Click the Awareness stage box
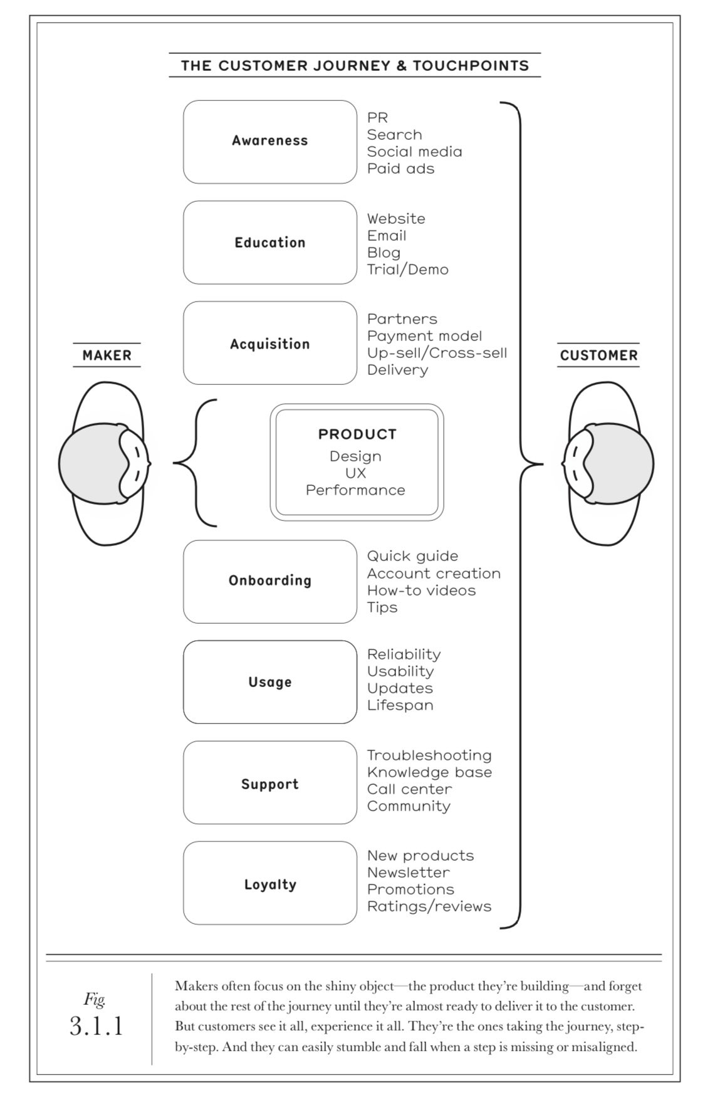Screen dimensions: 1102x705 click(x=269, y=142)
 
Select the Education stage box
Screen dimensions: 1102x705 click(x=269, y=243)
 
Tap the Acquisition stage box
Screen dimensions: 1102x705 click(x=269, y=344)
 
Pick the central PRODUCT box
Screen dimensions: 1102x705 click(x=356, y=463)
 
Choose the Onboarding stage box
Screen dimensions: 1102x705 click(x=269, y=581)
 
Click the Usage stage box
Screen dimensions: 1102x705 click(x=269, y=682)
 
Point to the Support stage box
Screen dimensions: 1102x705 click(x=269, y=783)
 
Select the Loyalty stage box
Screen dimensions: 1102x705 click(x=269, y=883)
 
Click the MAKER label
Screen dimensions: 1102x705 click(x=107, y=355)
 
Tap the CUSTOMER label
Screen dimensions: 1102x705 click(x=598, y=355)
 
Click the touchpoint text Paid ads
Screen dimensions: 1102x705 click(x=400, y=169)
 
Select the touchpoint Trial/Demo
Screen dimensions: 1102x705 click(x=407, y=270)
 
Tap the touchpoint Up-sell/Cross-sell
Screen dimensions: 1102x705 click(x=437, y=353)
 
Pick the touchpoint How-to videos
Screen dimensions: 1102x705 click(x=421, y=590)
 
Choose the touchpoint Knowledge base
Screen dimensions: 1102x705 click(x=429, y=772)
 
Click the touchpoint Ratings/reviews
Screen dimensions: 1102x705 click(x=429, y=906)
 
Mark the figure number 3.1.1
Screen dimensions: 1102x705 click(x=96, y=1026)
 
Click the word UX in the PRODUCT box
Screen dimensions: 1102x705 click(x=355, y=473)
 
